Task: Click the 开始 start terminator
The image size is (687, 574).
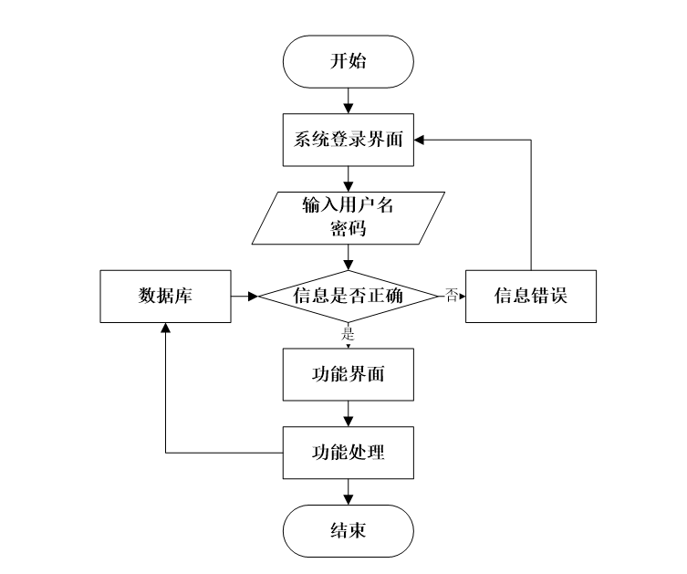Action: coord(348,61)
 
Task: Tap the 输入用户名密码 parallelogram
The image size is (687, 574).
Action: coord(348,217)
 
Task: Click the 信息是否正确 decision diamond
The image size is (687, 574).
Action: coord(348,297)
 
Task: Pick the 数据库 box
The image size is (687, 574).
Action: coord(165,297)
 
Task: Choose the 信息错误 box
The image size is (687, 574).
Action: coord(530,297)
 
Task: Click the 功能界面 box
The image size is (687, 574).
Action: coord(348,375)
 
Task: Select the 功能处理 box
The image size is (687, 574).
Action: coord(348,453)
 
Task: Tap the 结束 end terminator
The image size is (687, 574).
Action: coord(348,530)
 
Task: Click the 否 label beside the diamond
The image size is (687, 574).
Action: coord(451,295)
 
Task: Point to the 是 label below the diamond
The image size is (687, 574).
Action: coord(348,332)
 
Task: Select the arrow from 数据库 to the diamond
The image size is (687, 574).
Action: coord(245,297)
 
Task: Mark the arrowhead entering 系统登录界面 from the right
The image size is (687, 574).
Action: coord(420,140)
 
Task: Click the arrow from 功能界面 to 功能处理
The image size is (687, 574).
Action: coord(348,414)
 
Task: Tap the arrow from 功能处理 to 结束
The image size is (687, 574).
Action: coord(348,492)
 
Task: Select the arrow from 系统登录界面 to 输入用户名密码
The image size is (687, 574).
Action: coord(348,177)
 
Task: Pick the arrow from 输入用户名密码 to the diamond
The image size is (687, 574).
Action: coord(348,257)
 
